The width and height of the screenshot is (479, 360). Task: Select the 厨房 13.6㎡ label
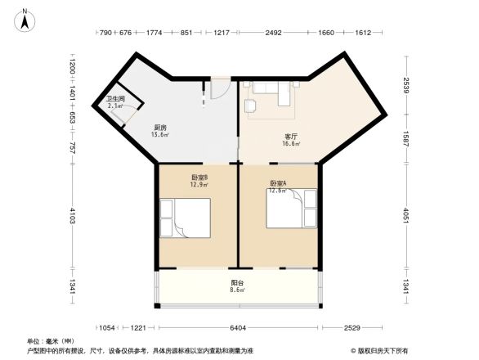[x=160, y=132]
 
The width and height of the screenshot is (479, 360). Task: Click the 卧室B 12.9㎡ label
[x=199, y=181]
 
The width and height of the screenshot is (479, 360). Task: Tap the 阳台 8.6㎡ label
[x=237, y=286]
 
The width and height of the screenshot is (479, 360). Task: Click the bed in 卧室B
[x=186, y=218]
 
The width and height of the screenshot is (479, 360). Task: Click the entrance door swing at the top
[x=218, y=88]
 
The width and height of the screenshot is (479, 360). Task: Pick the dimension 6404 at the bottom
[x=238, y=328]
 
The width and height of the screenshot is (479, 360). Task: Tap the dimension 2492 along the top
[x=273, y=34]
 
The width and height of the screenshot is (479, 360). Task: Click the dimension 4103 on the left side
[x=73, y=215]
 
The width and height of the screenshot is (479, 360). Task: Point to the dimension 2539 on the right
[x=406, y=85]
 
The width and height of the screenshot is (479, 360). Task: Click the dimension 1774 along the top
[x=154, y=34]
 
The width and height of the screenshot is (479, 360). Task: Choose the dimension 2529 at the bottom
[x=351, y=328]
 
